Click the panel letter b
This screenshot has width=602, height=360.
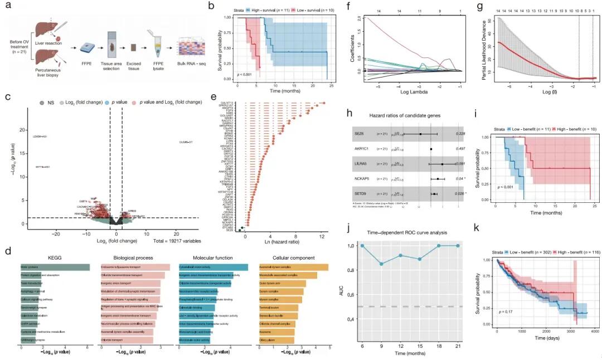coord(211,7)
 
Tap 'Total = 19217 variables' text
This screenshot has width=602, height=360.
coord(177,241)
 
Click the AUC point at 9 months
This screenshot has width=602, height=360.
coord(382,264)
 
